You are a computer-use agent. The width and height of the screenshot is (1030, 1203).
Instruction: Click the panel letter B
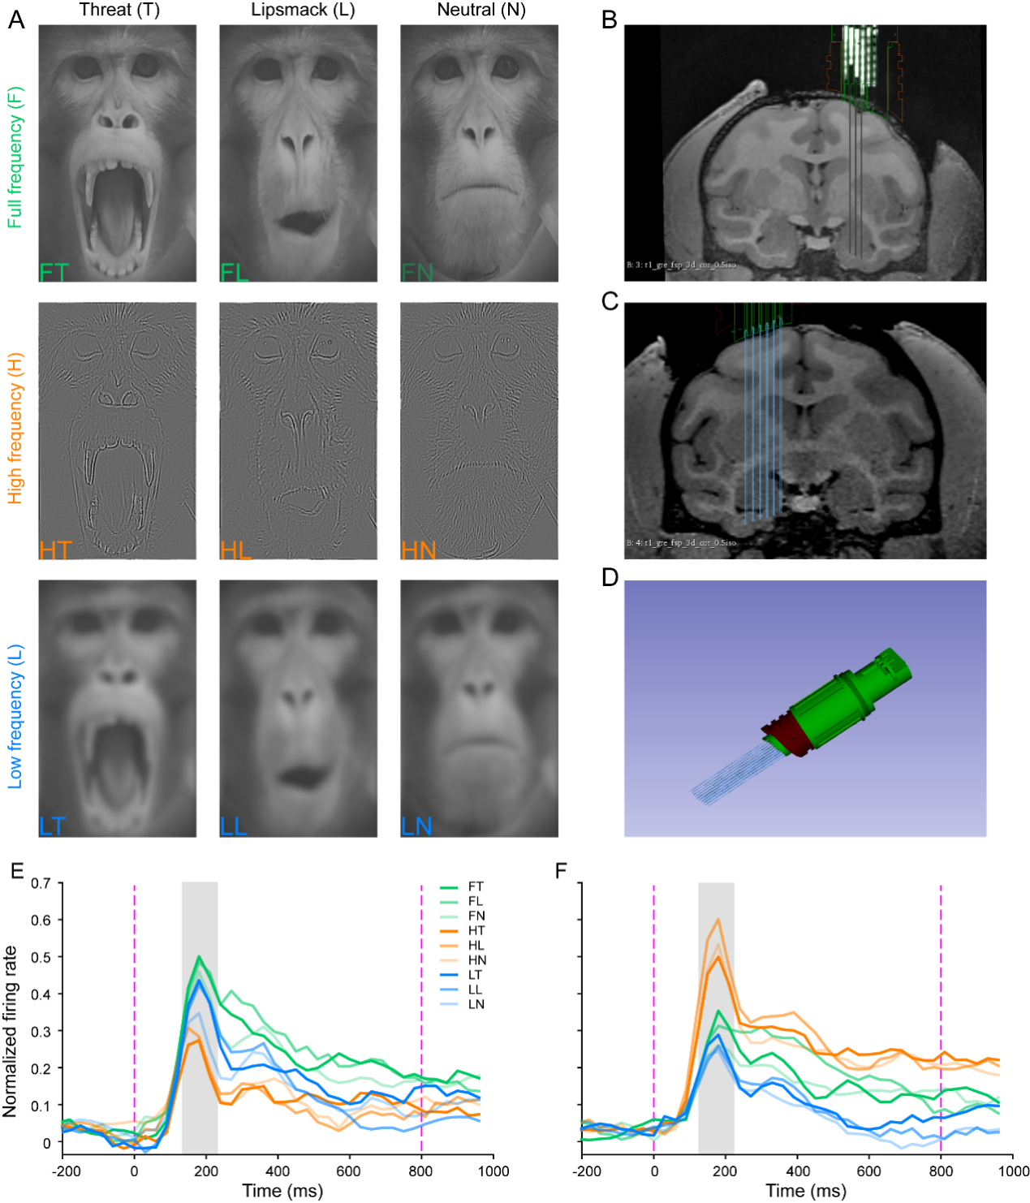click(x=610, y=19)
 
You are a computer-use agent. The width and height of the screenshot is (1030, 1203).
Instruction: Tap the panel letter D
click(x=610, y=577)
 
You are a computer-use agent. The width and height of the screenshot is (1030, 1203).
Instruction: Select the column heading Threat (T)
click(x=119, y=11)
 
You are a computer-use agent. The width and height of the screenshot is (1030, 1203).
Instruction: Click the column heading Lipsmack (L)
click(x=303, y=11)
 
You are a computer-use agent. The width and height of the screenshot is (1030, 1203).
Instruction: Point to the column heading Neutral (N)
click(x=481, y=11)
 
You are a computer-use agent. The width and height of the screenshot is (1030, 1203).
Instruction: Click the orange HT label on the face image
click(x=55, y=550)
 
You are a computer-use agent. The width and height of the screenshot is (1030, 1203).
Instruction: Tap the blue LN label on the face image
click(x=416, y=826)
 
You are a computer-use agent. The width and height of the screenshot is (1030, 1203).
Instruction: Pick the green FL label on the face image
click(x=235, y=271)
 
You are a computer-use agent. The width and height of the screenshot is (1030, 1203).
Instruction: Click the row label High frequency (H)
click(x=15, y=428)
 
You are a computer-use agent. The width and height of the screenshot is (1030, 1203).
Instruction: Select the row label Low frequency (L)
click(x=15, y=717)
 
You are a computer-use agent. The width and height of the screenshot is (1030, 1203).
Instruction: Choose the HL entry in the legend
click(x=476, y=945)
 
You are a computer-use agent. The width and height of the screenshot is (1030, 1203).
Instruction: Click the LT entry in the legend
click(x=475, y=975)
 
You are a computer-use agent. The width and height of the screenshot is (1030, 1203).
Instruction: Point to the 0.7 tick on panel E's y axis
click(x=41, y=882)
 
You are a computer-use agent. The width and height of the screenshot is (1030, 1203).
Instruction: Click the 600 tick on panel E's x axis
click(x=349, y=1171)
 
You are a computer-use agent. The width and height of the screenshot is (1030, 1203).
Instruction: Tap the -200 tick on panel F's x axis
click(x=587, y=1171)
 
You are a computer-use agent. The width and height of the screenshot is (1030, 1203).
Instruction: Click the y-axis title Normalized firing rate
click(x=11, y=1031)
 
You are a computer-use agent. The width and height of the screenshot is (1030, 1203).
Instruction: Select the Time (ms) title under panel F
click(x=806, y=1191)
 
